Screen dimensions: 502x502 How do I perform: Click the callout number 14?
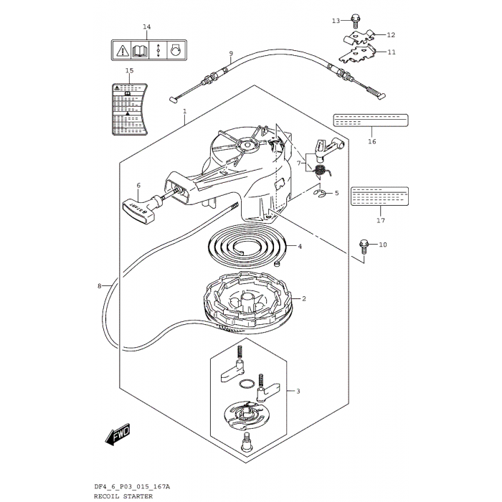pyautogui.click(x=146, y=27)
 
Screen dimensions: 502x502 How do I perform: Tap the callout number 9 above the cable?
pyautogui.click(x=231, y=54)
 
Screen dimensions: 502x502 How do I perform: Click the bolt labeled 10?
pyautogui.click(x=364, y=246)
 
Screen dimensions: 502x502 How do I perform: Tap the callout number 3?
pyautogui.click(x=298, y=392)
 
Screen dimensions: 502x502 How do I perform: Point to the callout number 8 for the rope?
pyautogui.click(x=100, y=286)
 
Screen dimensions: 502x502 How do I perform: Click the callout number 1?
pyautogui.click(x=184, y=112)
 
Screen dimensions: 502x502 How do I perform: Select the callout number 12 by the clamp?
pyautogui.click(x=391, y=34)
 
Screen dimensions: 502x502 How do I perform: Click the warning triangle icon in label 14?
pyautogui.click(x=122, y=50)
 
